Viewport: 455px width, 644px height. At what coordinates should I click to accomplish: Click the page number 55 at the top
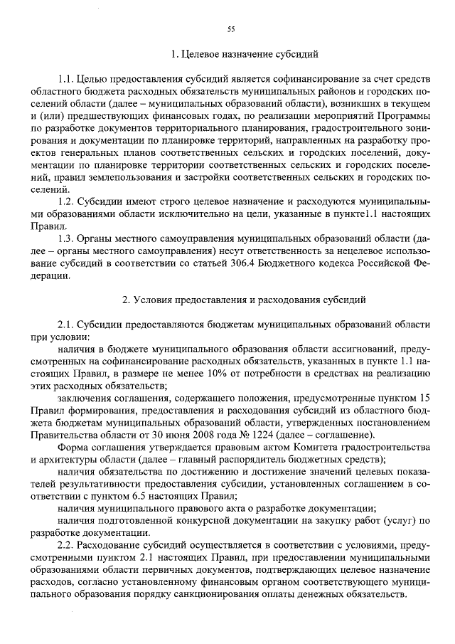coord(230,28)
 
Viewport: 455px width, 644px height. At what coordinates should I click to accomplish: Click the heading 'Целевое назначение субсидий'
coord(246,53)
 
